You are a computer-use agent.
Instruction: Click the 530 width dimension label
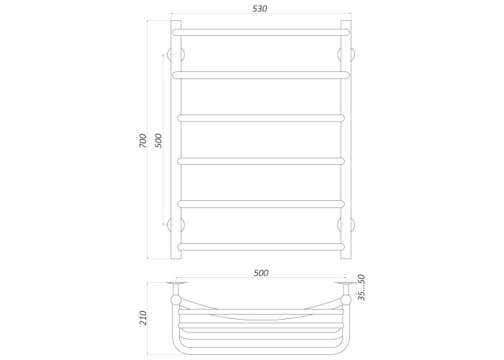[x=260, y=9]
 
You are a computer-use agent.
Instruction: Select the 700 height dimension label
[x=143, y=140]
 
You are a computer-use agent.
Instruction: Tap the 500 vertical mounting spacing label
[x=159, y=140]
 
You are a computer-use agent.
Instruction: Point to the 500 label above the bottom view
[x=261, y=273]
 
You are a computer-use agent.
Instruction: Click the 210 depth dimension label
[x=143, y=318]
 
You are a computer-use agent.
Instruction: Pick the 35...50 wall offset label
[x=361, y=287]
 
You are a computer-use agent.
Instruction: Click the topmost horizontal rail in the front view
[x=261, y=32]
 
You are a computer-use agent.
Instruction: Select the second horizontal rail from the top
[x=261, y=75]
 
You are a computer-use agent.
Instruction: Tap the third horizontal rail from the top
[x=261, y=118]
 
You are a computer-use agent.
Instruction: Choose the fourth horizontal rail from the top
[x=261, y=161]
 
